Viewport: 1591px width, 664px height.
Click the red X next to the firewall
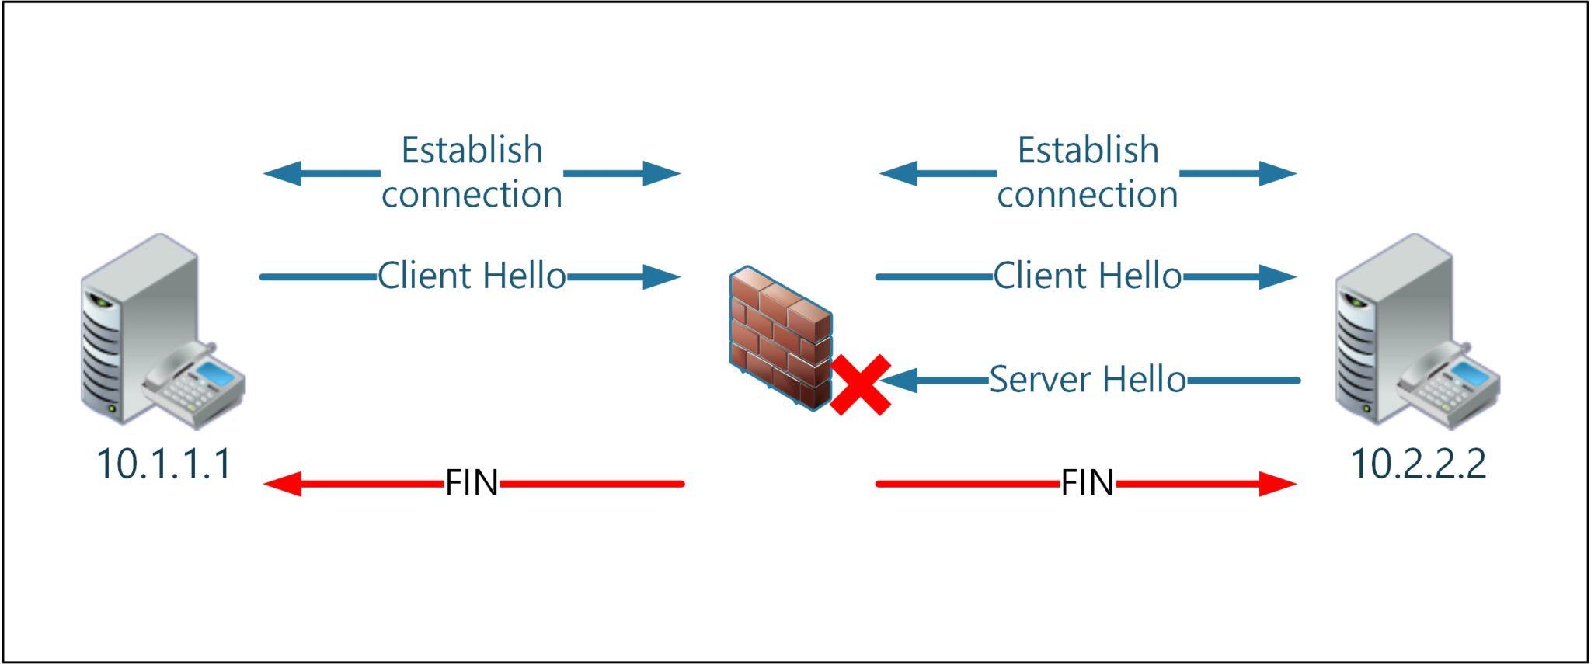point(860,385)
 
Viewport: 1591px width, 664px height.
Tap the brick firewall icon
point(779,337)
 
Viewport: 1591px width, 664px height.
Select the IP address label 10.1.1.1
point(164,464)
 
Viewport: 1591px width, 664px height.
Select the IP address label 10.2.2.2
point(1419,464)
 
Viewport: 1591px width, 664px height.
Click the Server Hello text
point(1087,380)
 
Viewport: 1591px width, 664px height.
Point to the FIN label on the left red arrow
point(472,483)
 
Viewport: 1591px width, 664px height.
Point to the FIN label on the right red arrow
point(1087,483)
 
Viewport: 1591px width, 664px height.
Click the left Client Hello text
point(472,276)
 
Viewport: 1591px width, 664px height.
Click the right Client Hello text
point(1087,276)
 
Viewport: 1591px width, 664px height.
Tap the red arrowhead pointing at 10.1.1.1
point(281,484)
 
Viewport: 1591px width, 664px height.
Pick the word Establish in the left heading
point(472,150)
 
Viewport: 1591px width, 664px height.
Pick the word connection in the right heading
point(1087,194)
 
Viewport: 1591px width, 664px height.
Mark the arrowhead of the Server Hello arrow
point(898,381)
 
